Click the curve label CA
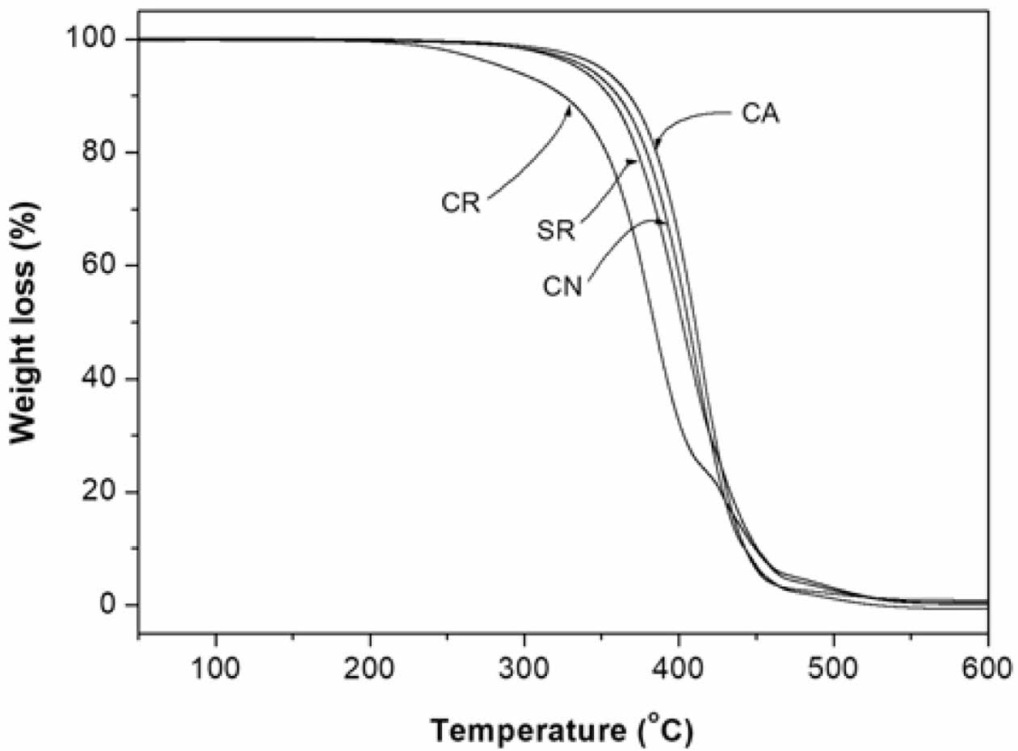pos(760,114)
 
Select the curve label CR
pos(461,202)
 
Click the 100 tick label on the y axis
pos(98,39)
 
